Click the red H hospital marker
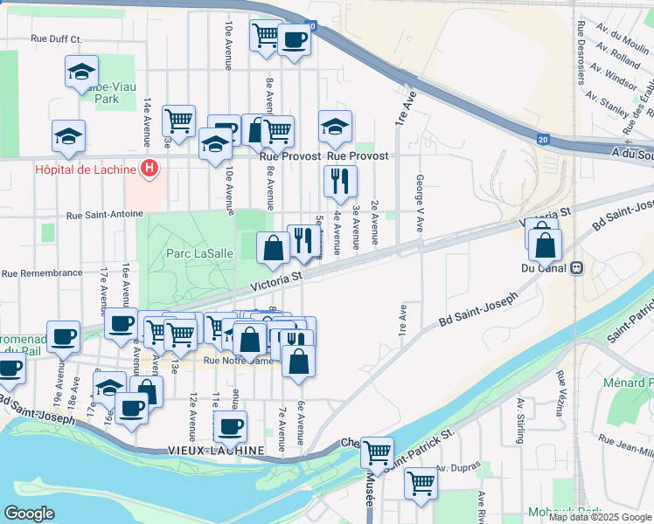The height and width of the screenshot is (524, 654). pos(150,169)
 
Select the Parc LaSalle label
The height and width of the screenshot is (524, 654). pos(200,253)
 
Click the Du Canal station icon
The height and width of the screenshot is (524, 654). pos(577,268)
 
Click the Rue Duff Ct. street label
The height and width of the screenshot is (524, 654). pos(56,39)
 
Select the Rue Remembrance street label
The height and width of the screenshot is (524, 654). pos(42,273)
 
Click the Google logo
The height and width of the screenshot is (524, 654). pos(29,513)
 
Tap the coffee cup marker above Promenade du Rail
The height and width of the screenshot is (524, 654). pos(62,336)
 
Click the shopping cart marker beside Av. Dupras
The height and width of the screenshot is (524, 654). pos(421,482)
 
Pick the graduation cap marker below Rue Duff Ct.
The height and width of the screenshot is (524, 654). pos(81,72)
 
